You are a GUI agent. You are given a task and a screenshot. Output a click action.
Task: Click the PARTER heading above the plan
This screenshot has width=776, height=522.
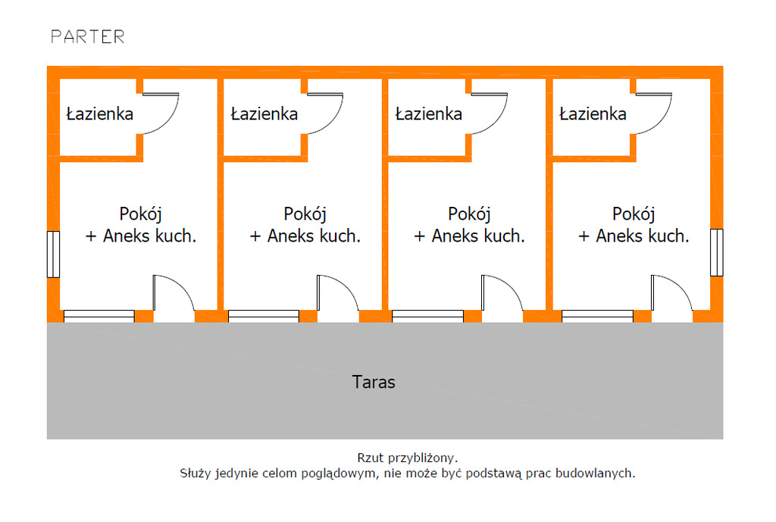(x=87, y=36)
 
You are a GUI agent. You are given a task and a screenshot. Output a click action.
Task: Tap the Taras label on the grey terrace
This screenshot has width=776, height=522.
(x=374, y=382)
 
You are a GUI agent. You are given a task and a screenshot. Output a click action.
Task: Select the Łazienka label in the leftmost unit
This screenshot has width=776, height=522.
(x=100, y=114)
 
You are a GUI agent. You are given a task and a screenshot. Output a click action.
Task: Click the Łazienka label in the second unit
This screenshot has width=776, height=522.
(x=264, y=114)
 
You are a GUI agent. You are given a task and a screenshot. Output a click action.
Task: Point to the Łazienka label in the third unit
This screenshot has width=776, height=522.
(x=429, y=114)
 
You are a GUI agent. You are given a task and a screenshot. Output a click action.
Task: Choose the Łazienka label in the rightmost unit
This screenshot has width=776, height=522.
(x=593, y=114)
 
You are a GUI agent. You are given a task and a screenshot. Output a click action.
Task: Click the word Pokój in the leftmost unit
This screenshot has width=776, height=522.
(x=141, y=214)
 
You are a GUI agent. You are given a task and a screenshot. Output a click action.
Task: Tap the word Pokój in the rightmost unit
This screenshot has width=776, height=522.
(x=634, y=214)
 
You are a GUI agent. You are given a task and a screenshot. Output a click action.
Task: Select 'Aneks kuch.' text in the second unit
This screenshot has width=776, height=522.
(x=314, y=236)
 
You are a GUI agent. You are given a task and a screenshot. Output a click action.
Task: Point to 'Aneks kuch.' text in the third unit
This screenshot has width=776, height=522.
(x=478, y=236)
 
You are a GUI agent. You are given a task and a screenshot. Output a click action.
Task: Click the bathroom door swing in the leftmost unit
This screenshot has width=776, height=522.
(x=161, y=114)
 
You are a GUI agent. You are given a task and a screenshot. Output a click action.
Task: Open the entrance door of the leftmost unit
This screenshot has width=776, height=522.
(x=174, y=297)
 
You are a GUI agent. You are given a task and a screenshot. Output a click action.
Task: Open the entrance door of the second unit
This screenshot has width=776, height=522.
(x=337, y=297)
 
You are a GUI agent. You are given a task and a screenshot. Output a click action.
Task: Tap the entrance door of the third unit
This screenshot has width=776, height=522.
(x=502, y=297)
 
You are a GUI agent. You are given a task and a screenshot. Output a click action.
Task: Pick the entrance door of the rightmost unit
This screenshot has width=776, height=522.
(x=671, y=297)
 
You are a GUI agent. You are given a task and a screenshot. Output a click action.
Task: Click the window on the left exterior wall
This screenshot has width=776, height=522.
(x=53, y=253)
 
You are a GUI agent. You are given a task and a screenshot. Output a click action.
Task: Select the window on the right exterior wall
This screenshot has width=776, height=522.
(x=717, y=252)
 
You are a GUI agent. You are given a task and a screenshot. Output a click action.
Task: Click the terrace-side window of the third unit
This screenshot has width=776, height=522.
(x=427, y=316)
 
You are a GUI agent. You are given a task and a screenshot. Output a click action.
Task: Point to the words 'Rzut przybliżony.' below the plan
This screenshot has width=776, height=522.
(x=408, y=458)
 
